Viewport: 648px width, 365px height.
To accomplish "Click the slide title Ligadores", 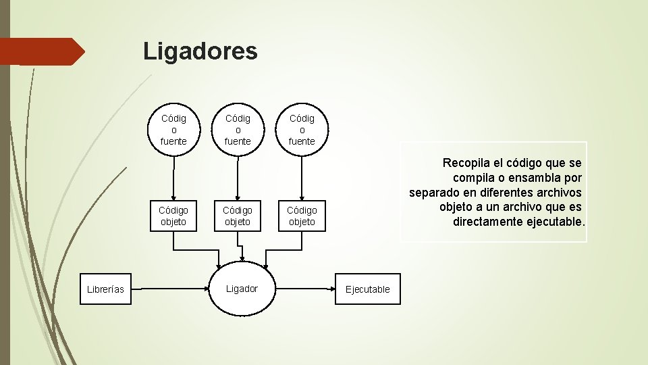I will click(x=200, y=51).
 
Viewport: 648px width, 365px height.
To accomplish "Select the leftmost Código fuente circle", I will click(x=174, y=129).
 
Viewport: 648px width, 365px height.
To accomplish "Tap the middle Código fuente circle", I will click(x=238, y=129).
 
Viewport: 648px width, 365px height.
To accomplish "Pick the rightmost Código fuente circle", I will click(x=302, y=129).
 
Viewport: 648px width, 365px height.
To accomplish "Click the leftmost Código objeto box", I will click(x=174, y=216).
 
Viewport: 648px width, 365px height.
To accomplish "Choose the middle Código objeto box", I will click(x=238, y=216).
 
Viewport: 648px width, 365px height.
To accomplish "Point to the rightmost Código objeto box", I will click(x=302, y=216).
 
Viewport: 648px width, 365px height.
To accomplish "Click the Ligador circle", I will click(x=242, y=289).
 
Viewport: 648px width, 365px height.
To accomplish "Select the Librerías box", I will click(x=106, y=289).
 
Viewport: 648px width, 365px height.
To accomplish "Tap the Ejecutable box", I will click(x=368, y=289).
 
